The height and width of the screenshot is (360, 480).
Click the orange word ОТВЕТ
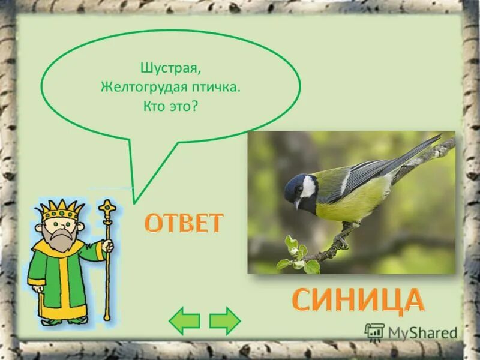click(x=184, y=223)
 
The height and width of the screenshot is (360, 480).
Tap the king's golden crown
click(x=59, y=209)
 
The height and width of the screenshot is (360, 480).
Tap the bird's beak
click(x=296, y=205)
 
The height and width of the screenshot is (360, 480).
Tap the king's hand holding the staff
click(x=107, y=247)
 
